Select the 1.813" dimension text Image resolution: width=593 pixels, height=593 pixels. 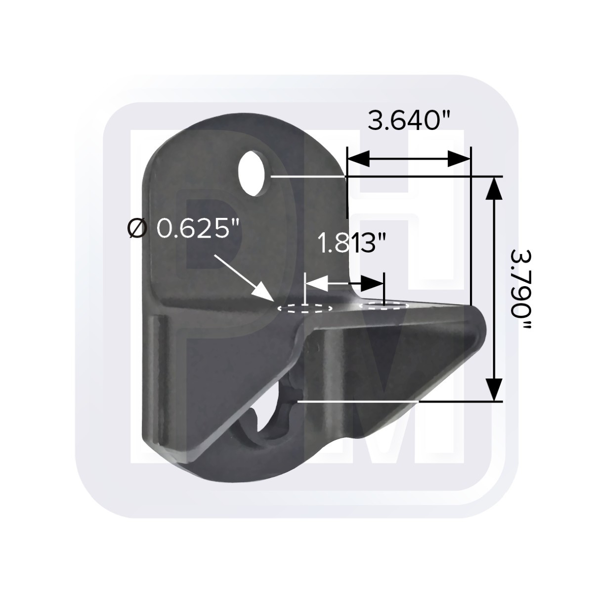pos(352,243)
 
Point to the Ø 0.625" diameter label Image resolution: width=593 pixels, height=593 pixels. pos(183,229)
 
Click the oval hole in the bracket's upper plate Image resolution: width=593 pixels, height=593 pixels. pos(254,173)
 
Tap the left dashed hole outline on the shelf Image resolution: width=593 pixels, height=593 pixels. pos(305,308)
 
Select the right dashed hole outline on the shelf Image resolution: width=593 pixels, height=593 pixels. pos(384,305)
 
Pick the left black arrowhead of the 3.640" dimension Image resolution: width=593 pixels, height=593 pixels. pos(358,159)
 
